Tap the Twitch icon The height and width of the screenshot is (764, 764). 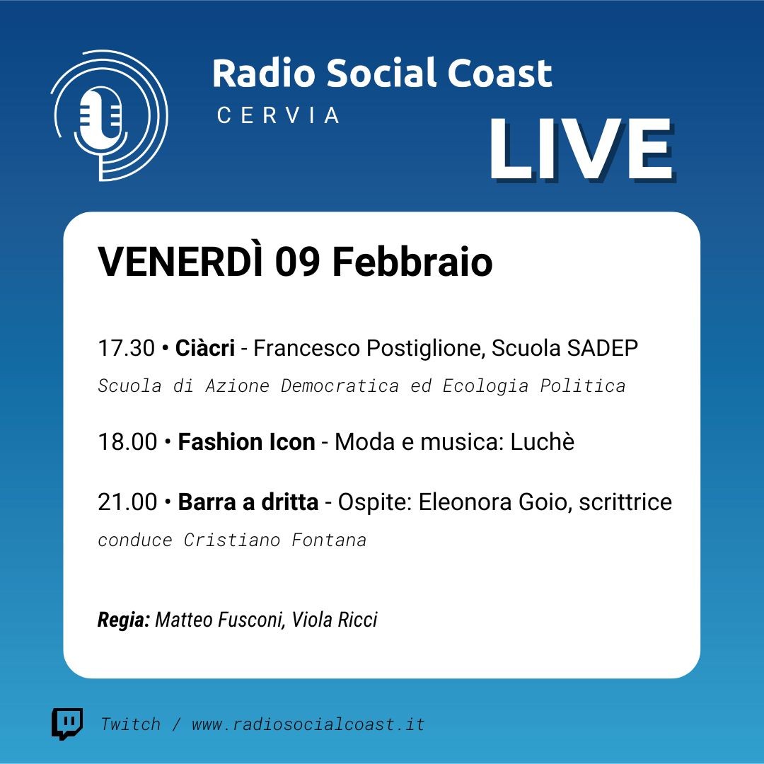(x=67, y=724)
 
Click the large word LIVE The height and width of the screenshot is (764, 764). (x=581, y=149)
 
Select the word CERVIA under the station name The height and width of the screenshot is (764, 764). (x=278, y=115)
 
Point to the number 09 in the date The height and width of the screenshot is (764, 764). (x=298, y=262)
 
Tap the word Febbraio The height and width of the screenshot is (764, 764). (x=412, y=262)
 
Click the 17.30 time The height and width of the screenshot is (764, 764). (x=126, y=348)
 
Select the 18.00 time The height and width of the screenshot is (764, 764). (x=127, y=442)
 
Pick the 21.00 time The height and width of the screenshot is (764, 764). (x=127, y=502)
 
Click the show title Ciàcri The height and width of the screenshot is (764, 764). (x=205, y=347)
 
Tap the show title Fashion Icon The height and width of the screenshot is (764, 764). (x=247, y=442)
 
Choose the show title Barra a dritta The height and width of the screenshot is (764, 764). (x=248, y=502)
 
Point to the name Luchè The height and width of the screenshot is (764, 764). (x=543, y=441)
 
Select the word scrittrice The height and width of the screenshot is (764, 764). (x=625, y=502)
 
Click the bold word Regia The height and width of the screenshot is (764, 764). (x=124, y=620)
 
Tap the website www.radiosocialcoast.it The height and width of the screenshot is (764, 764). (x=308, y=724)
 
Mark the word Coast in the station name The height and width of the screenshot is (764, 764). (x=499, y=73)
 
